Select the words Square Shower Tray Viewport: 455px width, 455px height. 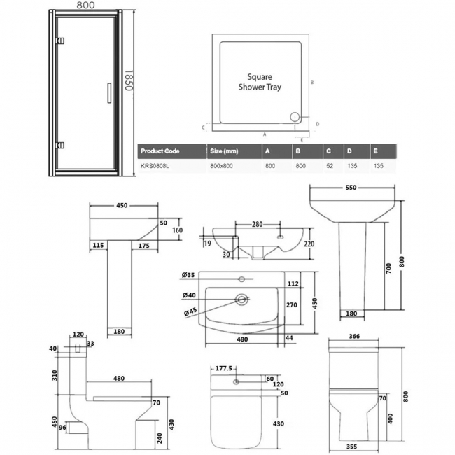(x=265, y=83)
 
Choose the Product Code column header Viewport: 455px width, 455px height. (x=160, y=150)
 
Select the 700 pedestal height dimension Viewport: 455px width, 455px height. (x=388, y=268)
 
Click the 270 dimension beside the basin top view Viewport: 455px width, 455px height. (x=292, y=304)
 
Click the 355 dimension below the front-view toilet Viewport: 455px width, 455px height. (x=355, y=444)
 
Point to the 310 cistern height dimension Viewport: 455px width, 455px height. (x=54, y=374)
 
